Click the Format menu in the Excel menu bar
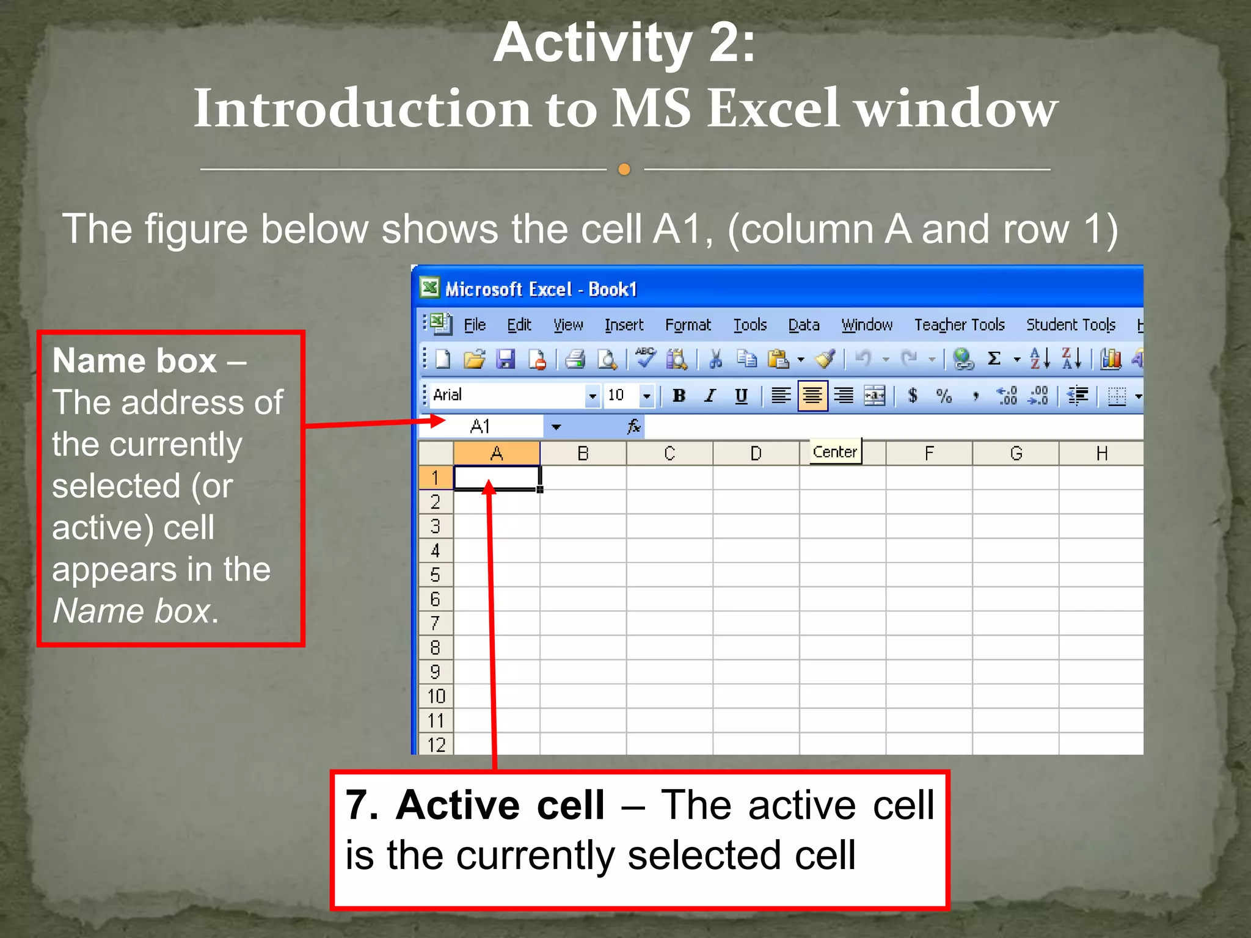tap(688, 325)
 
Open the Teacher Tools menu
tap(959, 325)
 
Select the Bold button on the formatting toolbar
tap(679, 396)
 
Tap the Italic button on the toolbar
tap(710, 396)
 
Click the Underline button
tap(741, 396)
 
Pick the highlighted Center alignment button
tap(812, 396)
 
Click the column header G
tap(1016, 453)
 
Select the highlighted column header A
tap(497, 453)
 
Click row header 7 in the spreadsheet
tap(435, 624)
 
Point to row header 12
tap(436, 744)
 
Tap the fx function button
tap(634, 426)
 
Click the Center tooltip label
tap(835, 452)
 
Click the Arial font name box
tap(507, 396)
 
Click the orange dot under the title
tap(624, 169)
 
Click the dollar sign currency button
tap(913, 396)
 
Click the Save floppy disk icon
tap(505, 359)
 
